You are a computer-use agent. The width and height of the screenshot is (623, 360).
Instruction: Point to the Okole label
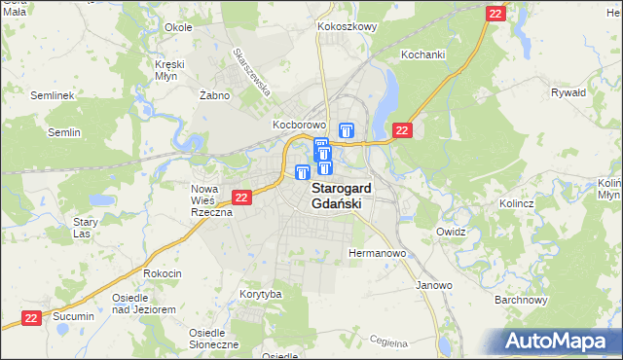coord(178,27)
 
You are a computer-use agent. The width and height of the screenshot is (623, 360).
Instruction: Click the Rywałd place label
coord(568,93)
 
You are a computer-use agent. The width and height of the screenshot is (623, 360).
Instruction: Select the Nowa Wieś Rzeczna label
coord(210,200)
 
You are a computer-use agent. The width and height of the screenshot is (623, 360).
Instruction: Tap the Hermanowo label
coord(376,254)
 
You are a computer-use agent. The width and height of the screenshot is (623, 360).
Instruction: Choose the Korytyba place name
coord(260,294)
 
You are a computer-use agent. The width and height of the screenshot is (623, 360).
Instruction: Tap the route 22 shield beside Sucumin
coord(31,317)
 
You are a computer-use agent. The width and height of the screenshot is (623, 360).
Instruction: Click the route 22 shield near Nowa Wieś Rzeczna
coord(242,198)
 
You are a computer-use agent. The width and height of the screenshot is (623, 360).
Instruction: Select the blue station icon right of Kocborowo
coord(347,130)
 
